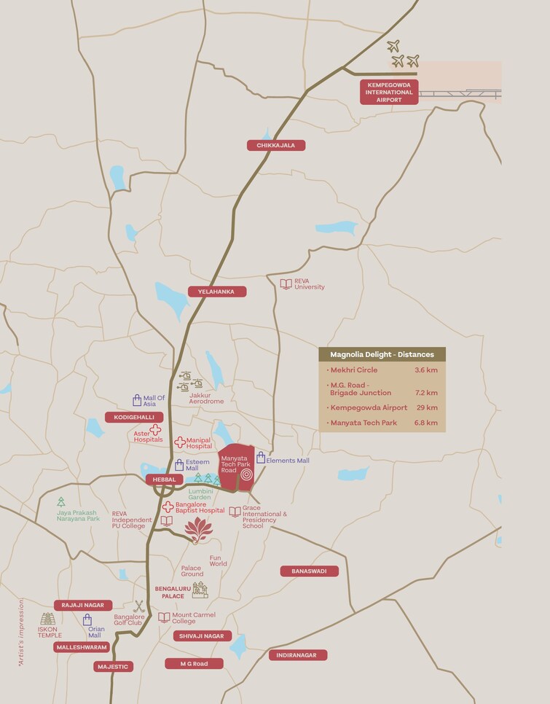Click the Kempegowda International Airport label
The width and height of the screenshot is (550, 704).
coord(389,93)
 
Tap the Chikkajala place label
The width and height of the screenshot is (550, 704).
coord(275,145)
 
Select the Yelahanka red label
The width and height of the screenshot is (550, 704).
coord(217,292)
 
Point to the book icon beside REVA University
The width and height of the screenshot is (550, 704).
coord(286,283)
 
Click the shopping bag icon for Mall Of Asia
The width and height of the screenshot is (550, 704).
coord(136,400)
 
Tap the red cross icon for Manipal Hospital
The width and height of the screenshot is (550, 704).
coord(179,442)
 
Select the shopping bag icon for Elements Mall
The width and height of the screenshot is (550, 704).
coord(260,458)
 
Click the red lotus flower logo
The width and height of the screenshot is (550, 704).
coord(197,531)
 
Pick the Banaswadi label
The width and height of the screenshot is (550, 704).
coord(309,571)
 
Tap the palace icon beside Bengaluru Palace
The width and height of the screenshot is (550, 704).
coord(199,589)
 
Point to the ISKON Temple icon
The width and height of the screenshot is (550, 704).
coord(47,619)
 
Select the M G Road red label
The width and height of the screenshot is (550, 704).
coord(193,664)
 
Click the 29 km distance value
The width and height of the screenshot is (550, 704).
coord(427,407)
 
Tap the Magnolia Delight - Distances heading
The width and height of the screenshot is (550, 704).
coord(382,355)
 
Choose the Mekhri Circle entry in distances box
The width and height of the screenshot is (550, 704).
coord(354,370)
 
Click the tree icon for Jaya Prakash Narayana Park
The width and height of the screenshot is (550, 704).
coord(61,501)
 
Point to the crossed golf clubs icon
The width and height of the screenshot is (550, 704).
coord(139,606)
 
